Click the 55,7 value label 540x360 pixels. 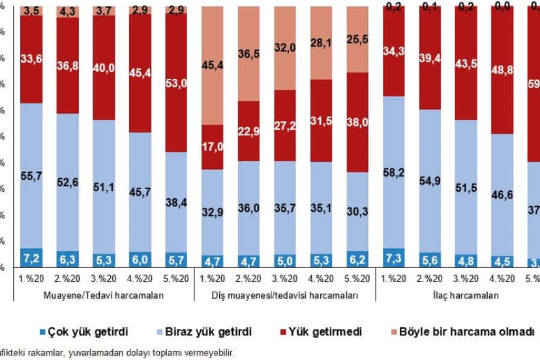click(x=31, y=176)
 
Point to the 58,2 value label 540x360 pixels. click(x=393, y=173)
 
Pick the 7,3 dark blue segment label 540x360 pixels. click(x=393, y=259)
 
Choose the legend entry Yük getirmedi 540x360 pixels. click(x=329, y=331)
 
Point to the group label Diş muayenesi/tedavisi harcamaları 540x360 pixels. click(x=286, y=295)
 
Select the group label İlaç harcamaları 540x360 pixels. click(x=466, y=295)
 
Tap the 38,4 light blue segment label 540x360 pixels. click(x=175, y=203)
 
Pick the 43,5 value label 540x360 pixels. click(x=466, y=63)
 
